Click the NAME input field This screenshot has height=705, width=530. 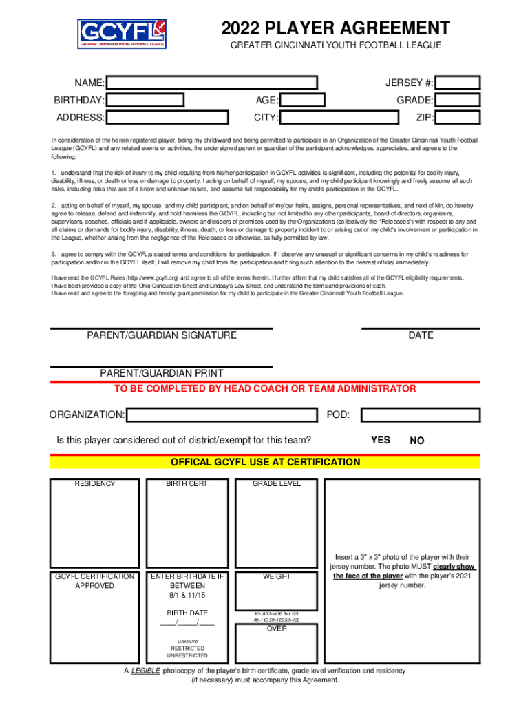tap(212, 83)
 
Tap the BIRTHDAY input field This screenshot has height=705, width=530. tap(146, 101)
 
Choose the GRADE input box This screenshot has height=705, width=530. tap(458, 101)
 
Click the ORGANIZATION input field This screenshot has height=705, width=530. tap(222, 415)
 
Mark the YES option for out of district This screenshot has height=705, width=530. tap(381, 440)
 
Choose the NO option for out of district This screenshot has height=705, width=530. tap(417, 441)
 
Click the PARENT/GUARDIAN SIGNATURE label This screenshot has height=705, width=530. tap(162, 335)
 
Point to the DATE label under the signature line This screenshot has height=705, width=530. tap(421, 335)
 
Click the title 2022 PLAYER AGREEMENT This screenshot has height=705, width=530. tap(336, 28)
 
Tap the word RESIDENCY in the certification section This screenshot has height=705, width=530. tap(95, 484)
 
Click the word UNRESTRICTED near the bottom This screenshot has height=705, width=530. tap(187, 656)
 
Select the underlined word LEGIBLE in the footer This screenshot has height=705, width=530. tap(145, 671)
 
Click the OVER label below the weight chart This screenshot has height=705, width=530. tap(277, 628)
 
